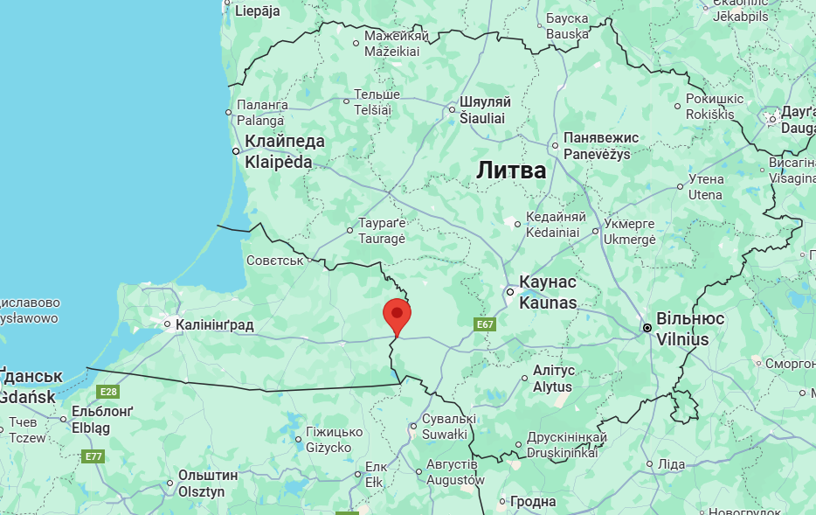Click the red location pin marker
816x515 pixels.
pos(398,316)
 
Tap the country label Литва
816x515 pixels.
pos(511,171)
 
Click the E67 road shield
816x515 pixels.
pos(485,324)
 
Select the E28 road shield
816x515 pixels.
pos(109,392)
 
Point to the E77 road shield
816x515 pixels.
pos(93,456)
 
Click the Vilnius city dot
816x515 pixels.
pos(647,328)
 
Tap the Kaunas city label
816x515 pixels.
pos(548,292)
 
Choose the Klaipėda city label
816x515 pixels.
pos(285,151)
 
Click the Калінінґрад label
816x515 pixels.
pos(214,325)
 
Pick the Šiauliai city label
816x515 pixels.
pos(485,109)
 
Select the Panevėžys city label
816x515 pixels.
pos(601,145)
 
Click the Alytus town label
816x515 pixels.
pos(553,379)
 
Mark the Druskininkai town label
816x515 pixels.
pos(567,445)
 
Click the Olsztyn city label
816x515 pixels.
pos(208,484)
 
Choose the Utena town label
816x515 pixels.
pos(706,186)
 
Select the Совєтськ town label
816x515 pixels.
pos(274,260)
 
